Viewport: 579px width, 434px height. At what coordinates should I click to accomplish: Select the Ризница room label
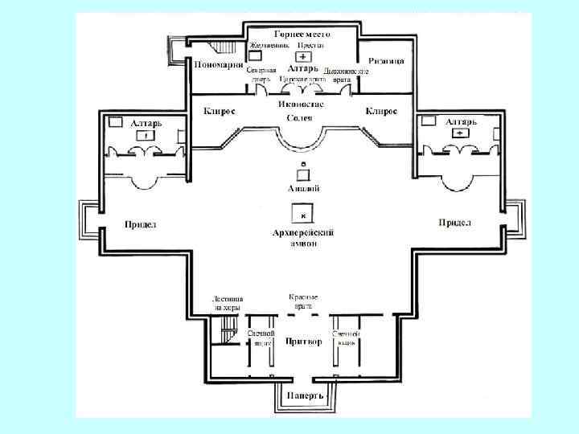coord(387,61)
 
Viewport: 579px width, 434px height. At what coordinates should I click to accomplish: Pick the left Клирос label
coord(220,110)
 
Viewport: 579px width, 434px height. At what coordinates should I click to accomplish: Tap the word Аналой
coord(303,189)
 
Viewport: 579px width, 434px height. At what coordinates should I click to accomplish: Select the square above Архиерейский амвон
coord(302,215)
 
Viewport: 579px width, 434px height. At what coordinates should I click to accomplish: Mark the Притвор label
coord(304,342)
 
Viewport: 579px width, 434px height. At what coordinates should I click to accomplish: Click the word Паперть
coord(304,396)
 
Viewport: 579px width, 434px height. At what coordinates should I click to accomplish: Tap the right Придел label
coord(454,222)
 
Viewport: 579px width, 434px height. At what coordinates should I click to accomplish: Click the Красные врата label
coord(304,301)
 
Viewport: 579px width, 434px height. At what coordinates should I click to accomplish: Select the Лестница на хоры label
coord(228,303)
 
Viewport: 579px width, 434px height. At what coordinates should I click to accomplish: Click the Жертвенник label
coord(269,45)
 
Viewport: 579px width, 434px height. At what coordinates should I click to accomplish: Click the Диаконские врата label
coord(352,76)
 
